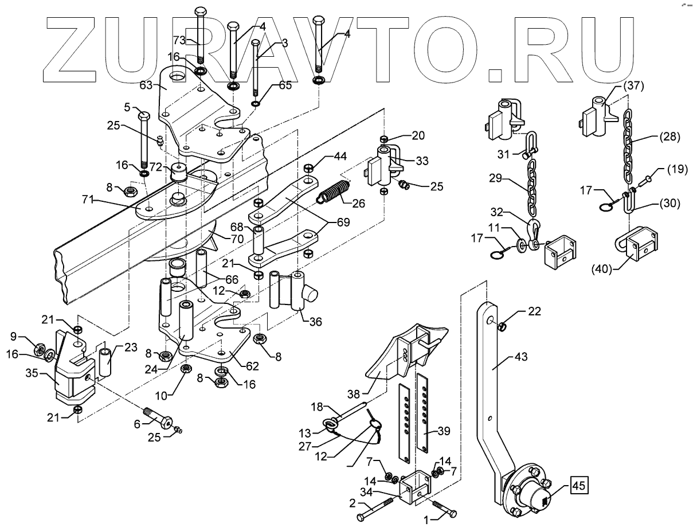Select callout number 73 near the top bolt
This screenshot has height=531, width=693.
point(180,40)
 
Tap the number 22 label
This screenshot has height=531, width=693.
point(535,311)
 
